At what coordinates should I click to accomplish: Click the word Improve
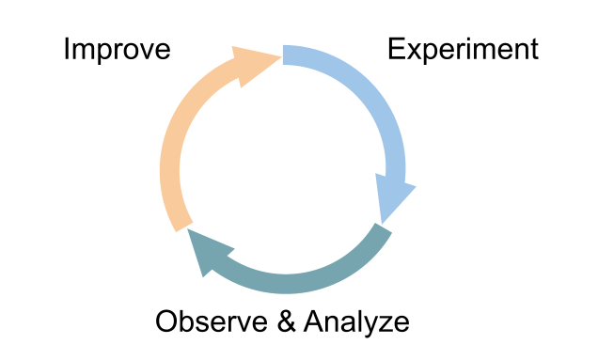point(117,49)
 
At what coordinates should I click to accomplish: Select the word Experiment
point(463,49)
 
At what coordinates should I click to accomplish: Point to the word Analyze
point(356,322)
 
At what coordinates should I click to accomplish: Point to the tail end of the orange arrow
point(179,226)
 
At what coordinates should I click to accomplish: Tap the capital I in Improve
point(66,49)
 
